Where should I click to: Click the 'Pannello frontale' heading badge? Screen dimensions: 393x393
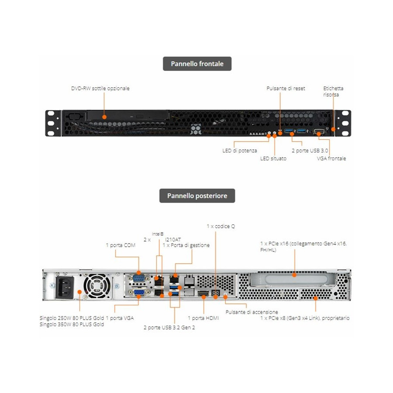[197, 64]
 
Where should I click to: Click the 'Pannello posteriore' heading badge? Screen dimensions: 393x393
[197, 196]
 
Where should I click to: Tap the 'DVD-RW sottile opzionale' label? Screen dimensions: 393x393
[100, 88]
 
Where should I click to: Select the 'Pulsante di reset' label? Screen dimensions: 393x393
[286, 88]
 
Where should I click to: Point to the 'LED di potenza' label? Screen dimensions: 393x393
[240, 151]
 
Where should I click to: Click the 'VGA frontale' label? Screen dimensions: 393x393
[331, 159]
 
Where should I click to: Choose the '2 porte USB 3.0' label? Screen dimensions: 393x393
[310, 151]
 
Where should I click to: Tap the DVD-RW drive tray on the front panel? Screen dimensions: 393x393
[127, 116]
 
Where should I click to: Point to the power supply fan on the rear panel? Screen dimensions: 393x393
[95, 286]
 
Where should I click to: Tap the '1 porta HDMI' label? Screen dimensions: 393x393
[203, 318]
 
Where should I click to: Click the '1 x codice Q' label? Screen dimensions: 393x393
[221, 226]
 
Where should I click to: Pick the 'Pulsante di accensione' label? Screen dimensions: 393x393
[252, 312]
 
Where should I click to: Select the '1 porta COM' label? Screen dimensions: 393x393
[121, 245]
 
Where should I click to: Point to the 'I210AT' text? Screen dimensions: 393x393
[173, 239]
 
